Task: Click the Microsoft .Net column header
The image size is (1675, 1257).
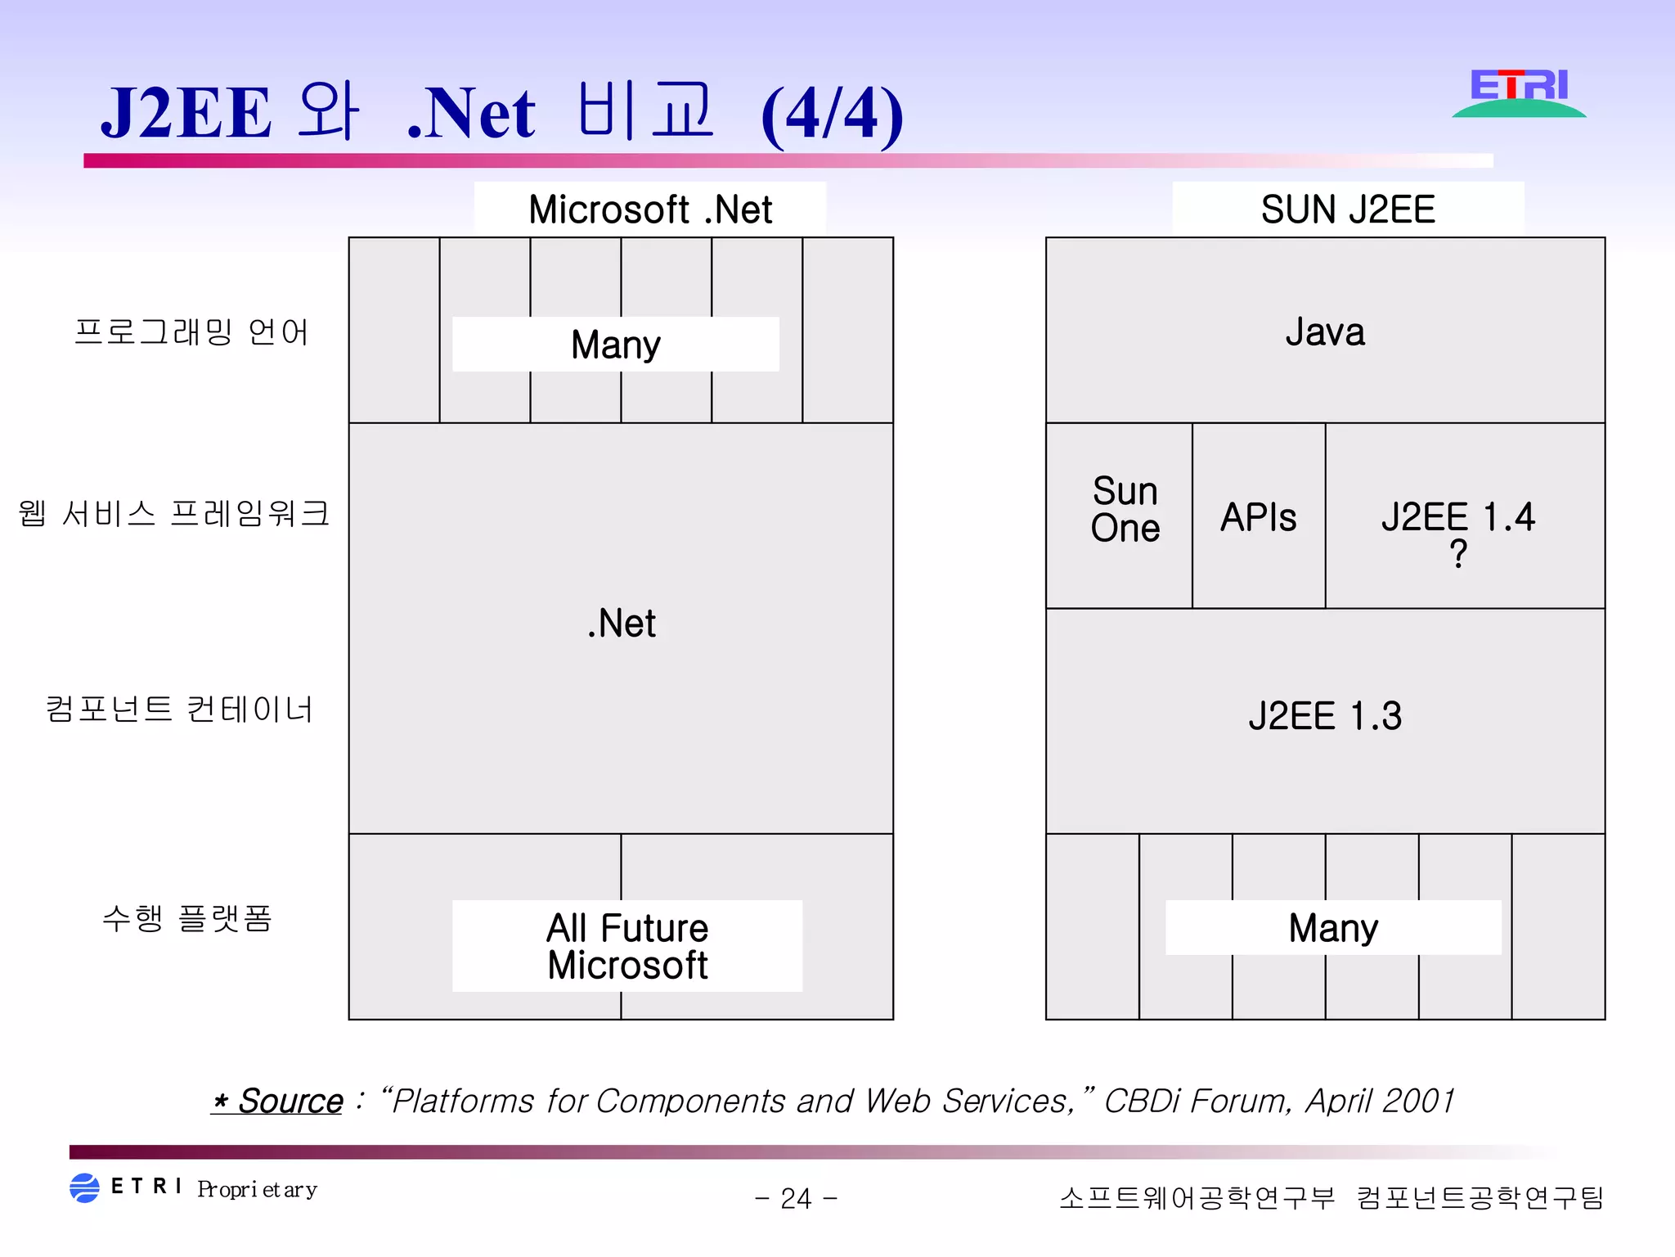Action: point(650,209)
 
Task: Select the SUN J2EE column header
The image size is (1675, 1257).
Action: point(1348,209)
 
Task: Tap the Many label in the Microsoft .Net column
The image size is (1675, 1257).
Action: point(615,345)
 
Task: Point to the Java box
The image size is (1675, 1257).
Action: point(1325,331)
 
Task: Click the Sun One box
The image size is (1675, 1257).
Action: point(1125,510)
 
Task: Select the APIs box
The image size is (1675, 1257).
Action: point(1258,517)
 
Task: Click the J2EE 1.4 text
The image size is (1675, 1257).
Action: point(1457,517)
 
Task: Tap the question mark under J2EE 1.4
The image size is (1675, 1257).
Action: point(1457,554)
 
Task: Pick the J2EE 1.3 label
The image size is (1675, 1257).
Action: point(1325,716)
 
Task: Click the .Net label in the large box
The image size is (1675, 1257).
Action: point(622,624)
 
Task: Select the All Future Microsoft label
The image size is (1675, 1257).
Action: point(627,946)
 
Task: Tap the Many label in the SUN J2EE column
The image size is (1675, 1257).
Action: point(1333,928)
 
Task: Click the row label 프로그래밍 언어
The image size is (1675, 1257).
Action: point(191,332)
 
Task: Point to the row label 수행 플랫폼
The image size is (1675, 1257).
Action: point(186,917)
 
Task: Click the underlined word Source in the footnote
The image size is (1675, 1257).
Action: point(290,1102)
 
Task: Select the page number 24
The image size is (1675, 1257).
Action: point(796,1198)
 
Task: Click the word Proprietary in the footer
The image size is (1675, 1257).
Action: point(257,1189)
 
